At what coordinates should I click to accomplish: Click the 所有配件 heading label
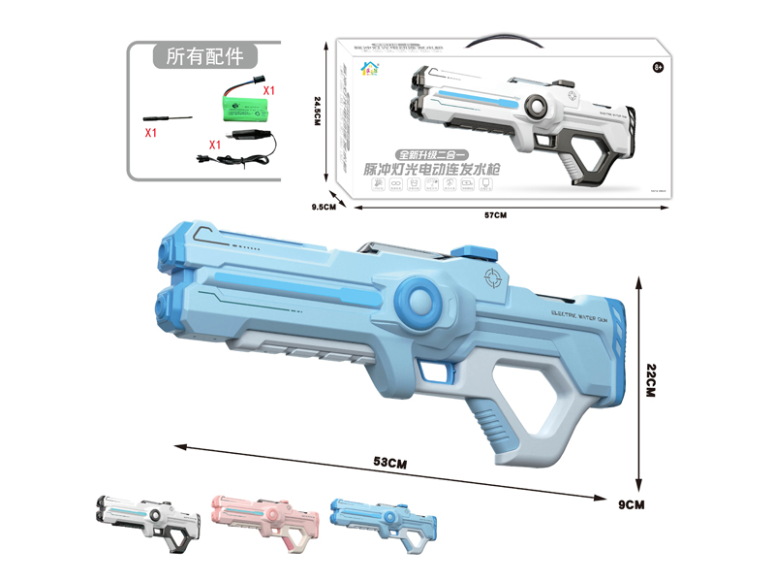click(204, 56)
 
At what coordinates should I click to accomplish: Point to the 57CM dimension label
click(494, 214)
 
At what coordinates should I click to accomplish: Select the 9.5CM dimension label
click(323, 207)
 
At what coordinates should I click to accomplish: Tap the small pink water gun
click(263, 517)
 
